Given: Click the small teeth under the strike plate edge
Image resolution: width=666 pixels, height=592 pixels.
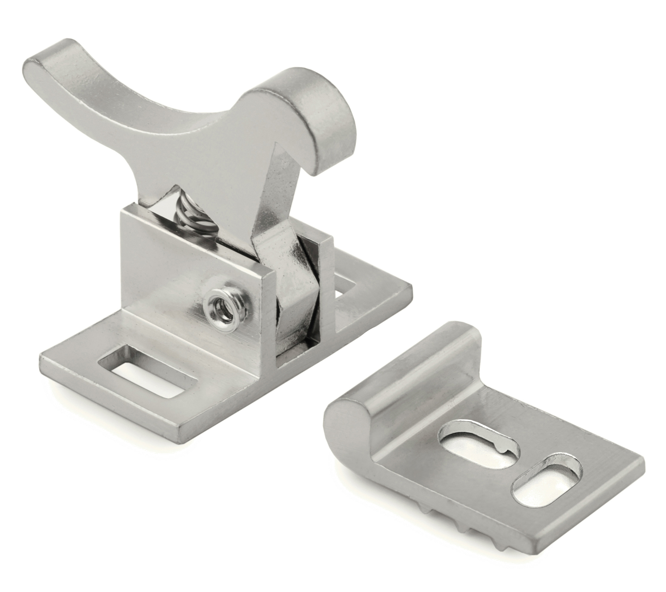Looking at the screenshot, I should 456,514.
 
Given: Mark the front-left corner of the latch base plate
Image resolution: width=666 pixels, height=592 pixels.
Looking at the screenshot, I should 42,358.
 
